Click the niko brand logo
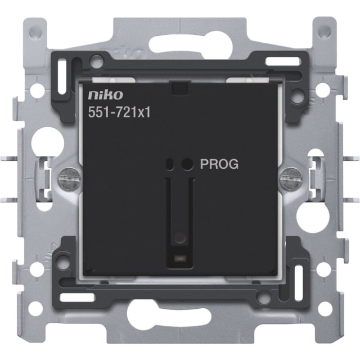pyautogui.click(x=105, y=95)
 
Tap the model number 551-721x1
pyautogui.click(x=119, y=112)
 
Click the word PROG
pyautogui.click(x=219, y=164)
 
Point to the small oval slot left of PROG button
pyautogui.click(x=170, y=164)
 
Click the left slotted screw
pyautogui.click(x=70, y=179)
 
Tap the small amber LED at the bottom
pyautogui.click(x=180, y=259)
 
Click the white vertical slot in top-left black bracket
pyautogui.click(x=62, y=76)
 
